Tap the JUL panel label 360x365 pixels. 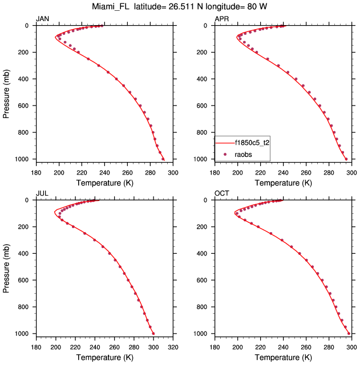pyautogui.click(x=41, y=194)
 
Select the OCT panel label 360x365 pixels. pyautogui.click(x=221, y=194)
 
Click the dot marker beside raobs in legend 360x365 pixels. pyautogui.click(x=225, y=154)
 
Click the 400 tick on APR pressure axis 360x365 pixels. pyautogui.click(x=204, y=79)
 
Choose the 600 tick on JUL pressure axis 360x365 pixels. pyautogui.click(x=26, y=281)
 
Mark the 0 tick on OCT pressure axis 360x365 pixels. pyautogui.click(x=208, y=200)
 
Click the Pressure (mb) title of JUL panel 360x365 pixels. pyautogui.click(x=7, y=266)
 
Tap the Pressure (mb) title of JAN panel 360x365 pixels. pyautogui.click(x=7, y=92)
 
